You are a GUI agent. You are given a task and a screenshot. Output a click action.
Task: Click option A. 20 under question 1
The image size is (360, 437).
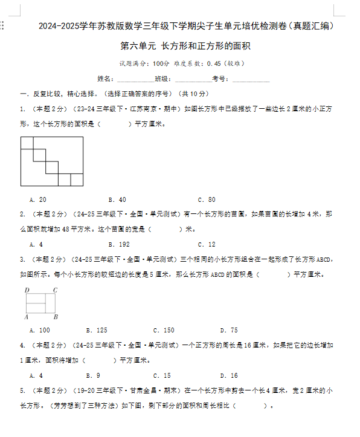[x=37, y=199]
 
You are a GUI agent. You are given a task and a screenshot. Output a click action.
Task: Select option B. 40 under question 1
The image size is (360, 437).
[x=117, y=199]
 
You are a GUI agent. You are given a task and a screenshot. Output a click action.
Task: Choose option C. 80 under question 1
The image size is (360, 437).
[x=206, y=199]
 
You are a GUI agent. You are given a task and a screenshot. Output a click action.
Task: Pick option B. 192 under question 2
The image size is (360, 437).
[x=118, y=245]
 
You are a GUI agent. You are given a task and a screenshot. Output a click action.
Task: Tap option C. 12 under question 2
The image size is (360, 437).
[x=206, y=245]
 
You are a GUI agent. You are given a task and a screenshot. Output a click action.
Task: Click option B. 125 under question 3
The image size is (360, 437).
[x=96, y=330]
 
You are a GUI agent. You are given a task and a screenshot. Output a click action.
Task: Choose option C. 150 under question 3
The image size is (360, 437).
[x=163, y=330]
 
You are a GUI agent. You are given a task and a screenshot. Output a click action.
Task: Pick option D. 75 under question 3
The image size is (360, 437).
[x=229, y=330]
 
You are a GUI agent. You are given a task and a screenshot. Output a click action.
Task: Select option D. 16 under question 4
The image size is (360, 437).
[x=229, y=375]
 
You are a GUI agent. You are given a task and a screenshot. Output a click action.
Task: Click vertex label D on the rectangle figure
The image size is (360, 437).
[x=27, y=290]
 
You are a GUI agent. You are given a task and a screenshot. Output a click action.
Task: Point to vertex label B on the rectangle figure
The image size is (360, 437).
[x=55, y=317]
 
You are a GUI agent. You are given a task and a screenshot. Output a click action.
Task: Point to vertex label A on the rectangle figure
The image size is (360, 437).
[x=27, y=317]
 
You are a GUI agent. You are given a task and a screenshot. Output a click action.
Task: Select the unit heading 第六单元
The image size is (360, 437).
[x=138, y=46]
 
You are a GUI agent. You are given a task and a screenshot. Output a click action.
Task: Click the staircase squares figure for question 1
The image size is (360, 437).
[x=52, y=161]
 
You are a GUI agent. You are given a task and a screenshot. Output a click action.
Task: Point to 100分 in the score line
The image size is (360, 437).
[x=161, y=63]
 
